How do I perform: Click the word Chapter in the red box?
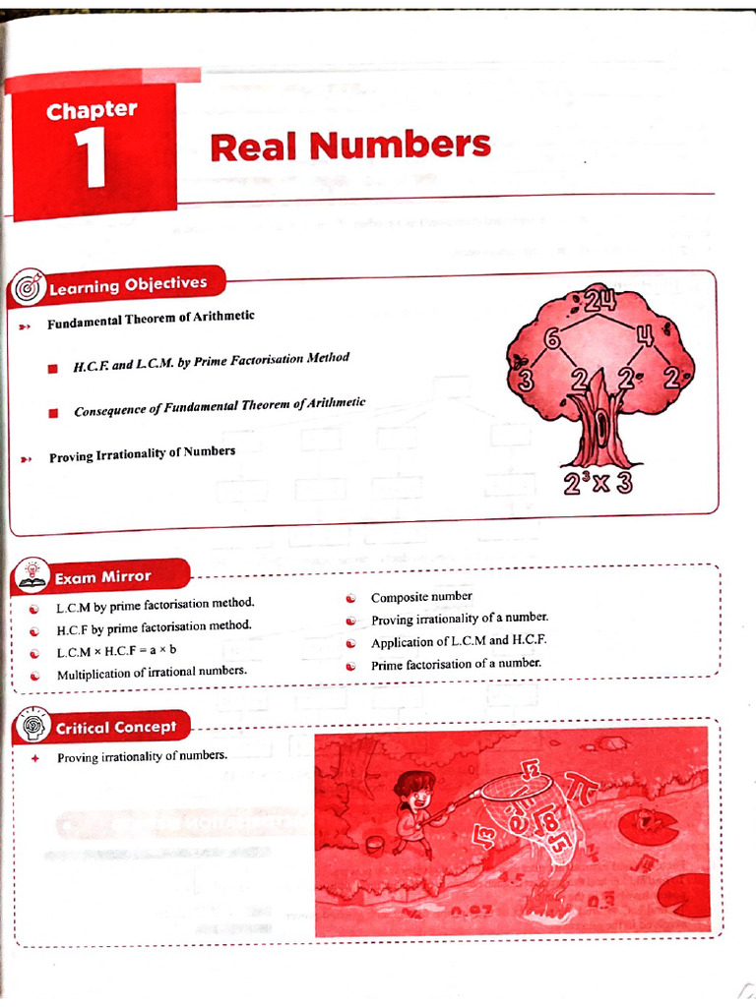point(92,110)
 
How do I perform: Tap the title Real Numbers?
point(349,147)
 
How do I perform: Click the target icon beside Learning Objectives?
point(27,289)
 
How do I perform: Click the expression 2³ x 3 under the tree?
point(598,483)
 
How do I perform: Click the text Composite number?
point(421,597)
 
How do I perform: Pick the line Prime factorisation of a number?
point(456,664)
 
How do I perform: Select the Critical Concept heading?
point(115,728)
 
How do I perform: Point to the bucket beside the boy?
point(374,843)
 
